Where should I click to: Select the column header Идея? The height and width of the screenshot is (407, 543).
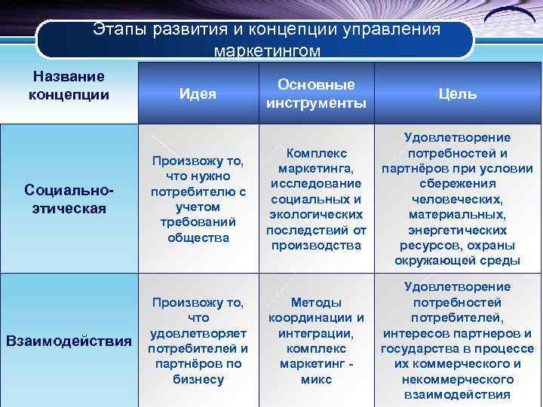tap(198, 94)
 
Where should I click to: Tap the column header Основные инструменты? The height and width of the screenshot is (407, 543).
tap(316, 93)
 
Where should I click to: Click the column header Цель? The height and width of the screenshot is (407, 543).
tap(457, 94)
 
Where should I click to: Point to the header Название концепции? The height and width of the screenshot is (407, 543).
tap(68, 86)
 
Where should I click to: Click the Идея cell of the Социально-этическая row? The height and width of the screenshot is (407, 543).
tap(198, 199)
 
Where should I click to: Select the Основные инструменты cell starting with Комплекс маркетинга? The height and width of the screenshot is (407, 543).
tap(316, 199)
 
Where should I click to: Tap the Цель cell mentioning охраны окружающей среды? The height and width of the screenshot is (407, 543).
tap(457, 199)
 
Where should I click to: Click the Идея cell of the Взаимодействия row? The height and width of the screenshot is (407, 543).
tap(198, 340)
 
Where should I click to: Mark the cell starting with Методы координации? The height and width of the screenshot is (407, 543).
tap(316, 340)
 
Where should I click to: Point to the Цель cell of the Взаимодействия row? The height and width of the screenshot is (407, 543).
tap(457, 340)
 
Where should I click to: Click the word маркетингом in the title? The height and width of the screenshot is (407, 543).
tap(267, 51)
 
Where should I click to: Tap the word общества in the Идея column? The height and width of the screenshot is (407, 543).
tap(198, 237)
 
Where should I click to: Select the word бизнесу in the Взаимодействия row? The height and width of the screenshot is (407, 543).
tap(198, 379)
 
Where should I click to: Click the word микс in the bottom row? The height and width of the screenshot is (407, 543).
tap(316, 379)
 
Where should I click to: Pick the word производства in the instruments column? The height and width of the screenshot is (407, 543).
tap(316, 246)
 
